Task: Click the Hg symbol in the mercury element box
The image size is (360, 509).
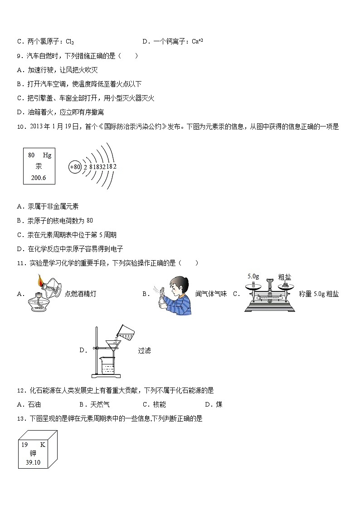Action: click(47, 155)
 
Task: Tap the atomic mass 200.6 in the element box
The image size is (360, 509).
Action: click(39, 178)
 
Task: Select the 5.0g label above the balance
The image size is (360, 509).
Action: click(253, 276)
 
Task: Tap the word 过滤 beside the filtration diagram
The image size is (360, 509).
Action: click(144, 350)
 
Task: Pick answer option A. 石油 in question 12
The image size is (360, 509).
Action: click(29, 404)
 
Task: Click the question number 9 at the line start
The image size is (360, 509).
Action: click(19, 56)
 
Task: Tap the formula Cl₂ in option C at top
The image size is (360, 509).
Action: click(70, 42)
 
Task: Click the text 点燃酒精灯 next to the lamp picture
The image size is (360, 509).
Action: click(80, 294)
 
